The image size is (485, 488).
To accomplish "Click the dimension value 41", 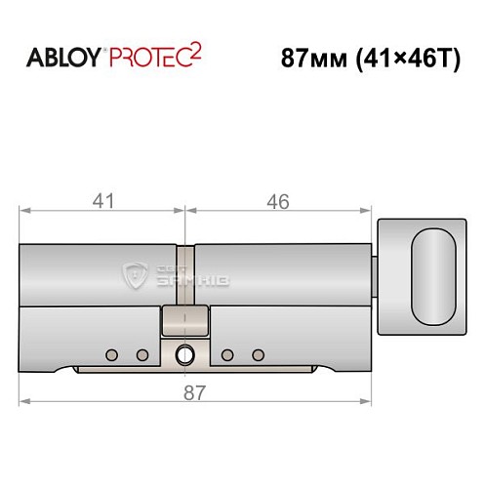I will click(x=103, y=202).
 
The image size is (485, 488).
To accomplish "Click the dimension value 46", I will click(x=278, y=202).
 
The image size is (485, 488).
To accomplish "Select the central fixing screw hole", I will click(x=182, y=355).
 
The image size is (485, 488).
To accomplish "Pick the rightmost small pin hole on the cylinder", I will click(x=258, y=353).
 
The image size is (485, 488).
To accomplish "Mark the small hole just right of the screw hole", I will click(x=227, y=353).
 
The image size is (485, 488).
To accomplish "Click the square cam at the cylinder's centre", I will click(x=183, y=320).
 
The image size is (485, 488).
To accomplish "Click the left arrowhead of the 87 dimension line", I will click(x=24, y=400).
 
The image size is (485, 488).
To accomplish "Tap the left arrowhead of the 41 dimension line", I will click(x=24, y=209).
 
